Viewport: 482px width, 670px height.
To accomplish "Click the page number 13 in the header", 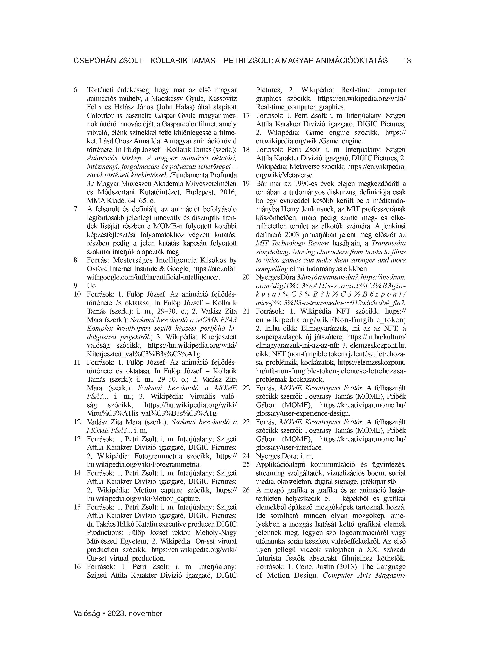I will coord(407,61).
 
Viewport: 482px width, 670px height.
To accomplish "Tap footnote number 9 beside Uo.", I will coord(75,286).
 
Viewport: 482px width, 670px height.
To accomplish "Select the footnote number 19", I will coord(246,184).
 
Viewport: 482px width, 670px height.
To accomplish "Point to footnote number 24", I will coord(246,456).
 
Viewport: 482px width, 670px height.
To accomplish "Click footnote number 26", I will coord(246,490).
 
